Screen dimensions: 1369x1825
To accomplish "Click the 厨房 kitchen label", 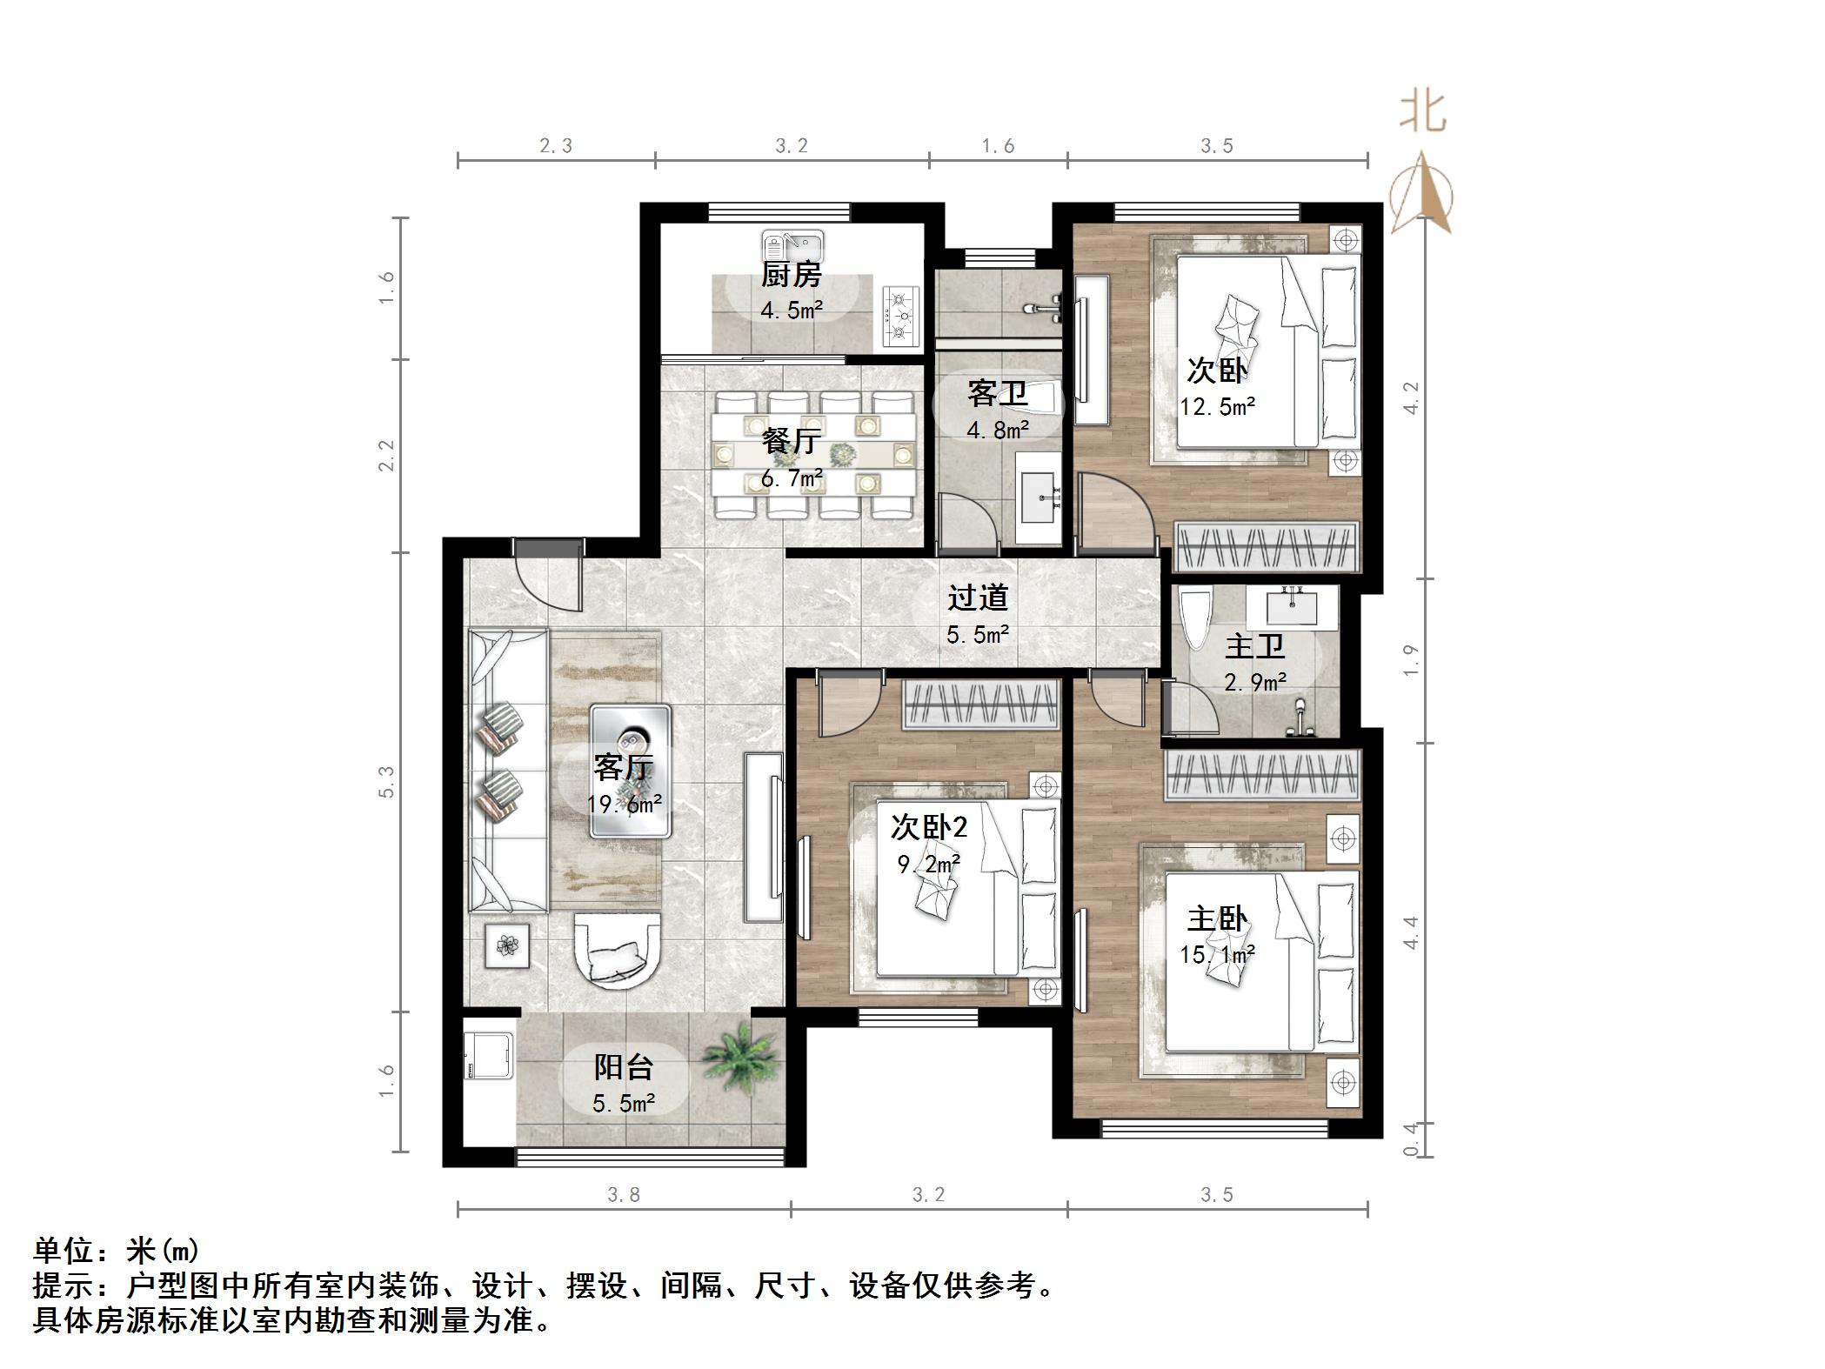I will [x=791, y=276].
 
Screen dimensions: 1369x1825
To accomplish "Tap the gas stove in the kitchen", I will [x=902, y=316].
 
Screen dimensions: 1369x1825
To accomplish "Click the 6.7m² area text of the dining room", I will [x=792, y=478].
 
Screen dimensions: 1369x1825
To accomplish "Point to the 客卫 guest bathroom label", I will [x=998, y=394].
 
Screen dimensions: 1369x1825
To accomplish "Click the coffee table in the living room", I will [x=630, y=771].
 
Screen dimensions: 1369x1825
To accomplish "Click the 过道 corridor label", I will [x=978, y=598].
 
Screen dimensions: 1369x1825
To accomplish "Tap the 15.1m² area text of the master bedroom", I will [x=1216, y=955].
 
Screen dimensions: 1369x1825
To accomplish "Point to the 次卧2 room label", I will [x=928, y=827].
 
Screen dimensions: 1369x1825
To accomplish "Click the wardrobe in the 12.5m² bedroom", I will [x=1266, y=547].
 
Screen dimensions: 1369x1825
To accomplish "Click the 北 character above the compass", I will [x=1422, y=114].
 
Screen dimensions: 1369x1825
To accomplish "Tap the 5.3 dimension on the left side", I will [x=386, y=782].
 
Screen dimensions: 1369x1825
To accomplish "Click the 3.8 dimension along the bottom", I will [x=623, y=1195].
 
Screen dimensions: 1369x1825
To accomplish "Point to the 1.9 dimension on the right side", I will [x=1410, y=660].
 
